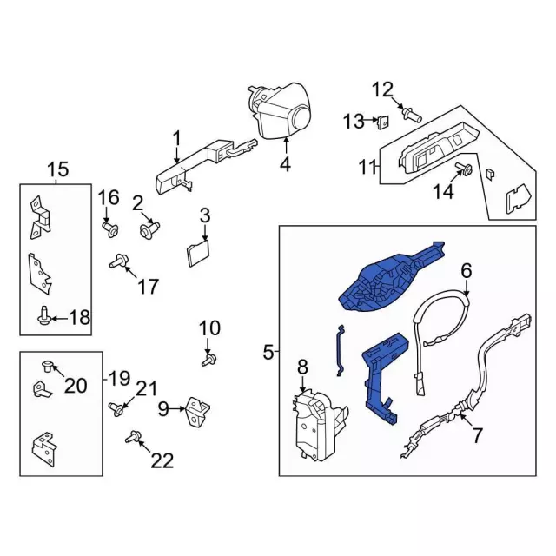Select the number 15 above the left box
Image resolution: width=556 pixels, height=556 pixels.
point(56,169)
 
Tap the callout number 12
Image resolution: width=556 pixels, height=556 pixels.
point(383,89)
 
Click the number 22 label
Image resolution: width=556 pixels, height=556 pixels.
point(162,460)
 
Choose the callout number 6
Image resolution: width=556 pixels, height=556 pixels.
point(466,270)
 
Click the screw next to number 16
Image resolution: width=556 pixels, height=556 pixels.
point(110,228)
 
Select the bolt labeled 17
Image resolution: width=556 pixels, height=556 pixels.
point(118,261)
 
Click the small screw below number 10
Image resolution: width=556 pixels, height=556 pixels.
point(208,357)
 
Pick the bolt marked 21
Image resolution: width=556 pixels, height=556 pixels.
point(116,407)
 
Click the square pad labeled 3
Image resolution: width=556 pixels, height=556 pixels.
point(198,253)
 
